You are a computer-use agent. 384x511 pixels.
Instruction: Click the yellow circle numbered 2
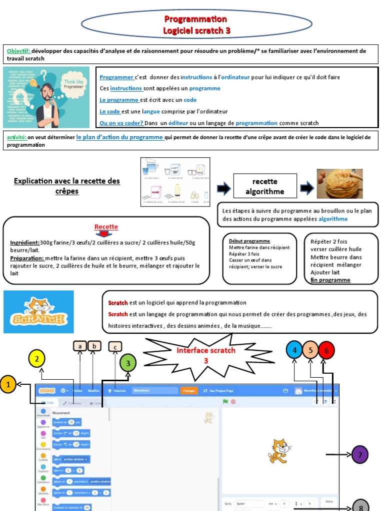37,359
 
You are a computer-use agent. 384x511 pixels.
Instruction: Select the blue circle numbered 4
294,350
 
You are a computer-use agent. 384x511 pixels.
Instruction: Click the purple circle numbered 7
360,455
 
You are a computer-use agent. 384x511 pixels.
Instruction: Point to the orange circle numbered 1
7,384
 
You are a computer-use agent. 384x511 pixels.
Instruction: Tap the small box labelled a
80,345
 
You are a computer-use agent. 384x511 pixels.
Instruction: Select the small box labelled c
115,346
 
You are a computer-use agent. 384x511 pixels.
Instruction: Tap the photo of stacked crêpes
339,184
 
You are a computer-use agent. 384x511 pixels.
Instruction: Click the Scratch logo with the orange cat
38,312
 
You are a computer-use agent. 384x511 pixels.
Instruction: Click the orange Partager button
188,391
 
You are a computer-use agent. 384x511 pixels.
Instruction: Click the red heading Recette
106,227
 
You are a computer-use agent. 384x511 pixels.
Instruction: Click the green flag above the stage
225,401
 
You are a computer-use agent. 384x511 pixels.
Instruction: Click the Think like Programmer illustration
46,97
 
